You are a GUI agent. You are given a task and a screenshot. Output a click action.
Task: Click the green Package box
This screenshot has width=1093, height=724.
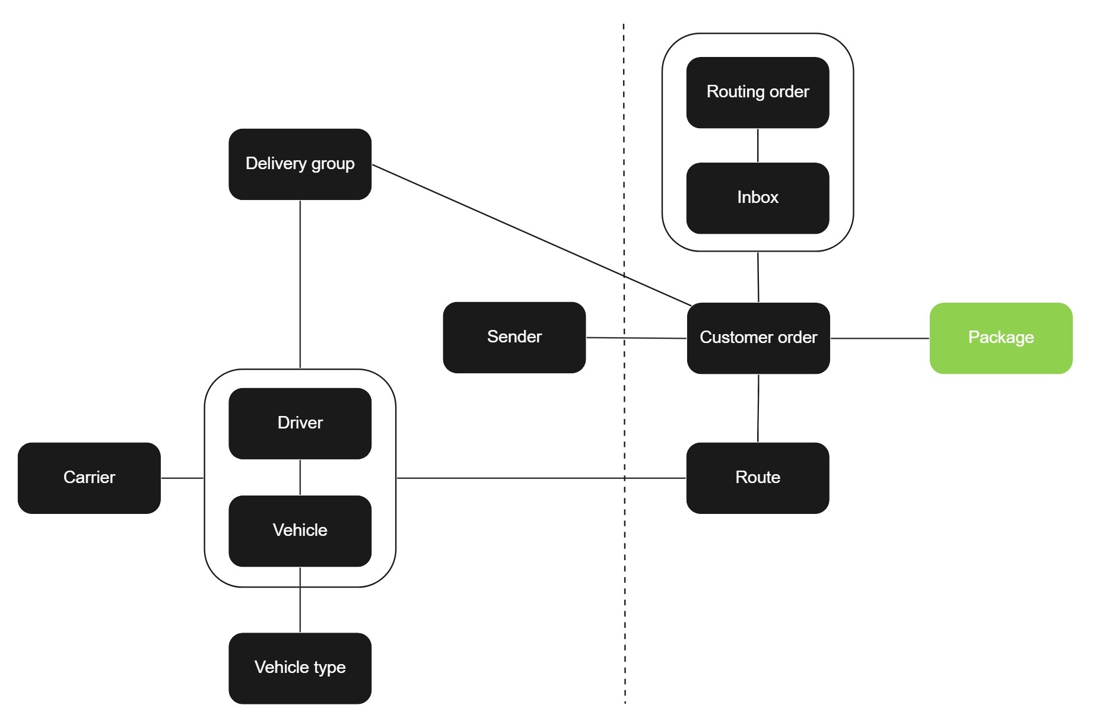pyautogui.click(x=1001, y=338)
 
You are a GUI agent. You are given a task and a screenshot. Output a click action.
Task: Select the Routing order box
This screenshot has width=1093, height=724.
pyautogui.click(x=758, y=93)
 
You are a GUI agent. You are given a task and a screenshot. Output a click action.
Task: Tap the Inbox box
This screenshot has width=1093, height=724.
pyautogui.click(x=758, y=198)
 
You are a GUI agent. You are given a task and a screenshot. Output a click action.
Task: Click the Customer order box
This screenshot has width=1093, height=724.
pyautogui.click(x=758, y=338)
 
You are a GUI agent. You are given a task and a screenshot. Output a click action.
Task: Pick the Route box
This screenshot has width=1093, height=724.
pyautogui.click(x=758, y=478)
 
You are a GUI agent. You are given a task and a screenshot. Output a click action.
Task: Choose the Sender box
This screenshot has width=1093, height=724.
pyautogui.click(x=514, y=338)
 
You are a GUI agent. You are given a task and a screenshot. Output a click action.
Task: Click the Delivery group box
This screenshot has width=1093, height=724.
pyautogui.click(x=300, y=164)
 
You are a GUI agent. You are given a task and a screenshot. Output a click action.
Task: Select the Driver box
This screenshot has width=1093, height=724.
pyautogui.click(x=300, y=424)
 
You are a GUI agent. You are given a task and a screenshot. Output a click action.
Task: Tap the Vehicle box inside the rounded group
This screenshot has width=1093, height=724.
pyautogui.click(x=300, y=531)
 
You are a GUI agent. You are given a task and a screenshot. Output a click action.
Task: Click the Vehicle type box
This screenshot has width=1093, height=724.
pyautogui.click(x=300, y=668)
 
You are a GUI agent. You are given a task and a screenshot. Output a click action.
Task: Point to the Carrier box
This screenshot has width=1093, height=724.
pyautogui.click(x=90, y=478)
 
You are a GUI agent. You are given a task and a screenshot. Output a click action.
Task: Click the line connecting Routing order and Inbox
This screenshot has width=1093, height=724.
pyautogui.click(x=758, y=145)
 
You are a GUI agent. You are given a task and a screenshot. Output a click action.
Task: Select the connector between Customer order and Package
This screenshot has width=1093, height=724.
pyautogui.click(x=880, y=338)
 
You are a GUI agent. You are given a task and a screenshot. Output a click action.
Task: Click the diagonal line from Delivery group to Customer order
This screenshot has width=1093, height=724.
pyautogui.click(x=532, y=236)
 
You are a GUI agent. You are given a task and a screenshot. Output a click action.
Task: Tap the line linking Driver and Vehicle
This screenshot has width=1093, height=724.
pyautogui.click(x=300, y=477)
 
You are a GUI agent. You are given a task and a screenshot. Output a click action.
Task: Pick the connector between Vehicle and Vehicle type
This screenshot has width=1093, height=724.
pyautogui.click(x=300, y=599)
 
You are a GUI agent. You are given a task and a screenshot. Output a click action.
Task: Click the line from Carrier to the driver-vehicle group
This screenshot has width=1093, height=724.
pyautogui.click(x=182, y=478)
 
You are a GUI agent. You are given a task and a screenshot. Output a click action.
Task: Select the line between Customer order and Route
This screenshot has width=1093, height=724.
pyautogui.click(x=758, y=408)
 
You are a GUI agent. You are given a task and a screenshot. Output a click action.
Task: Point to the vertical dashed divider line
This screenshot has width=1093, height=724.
pyautogui.click(x=624, y=364)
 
